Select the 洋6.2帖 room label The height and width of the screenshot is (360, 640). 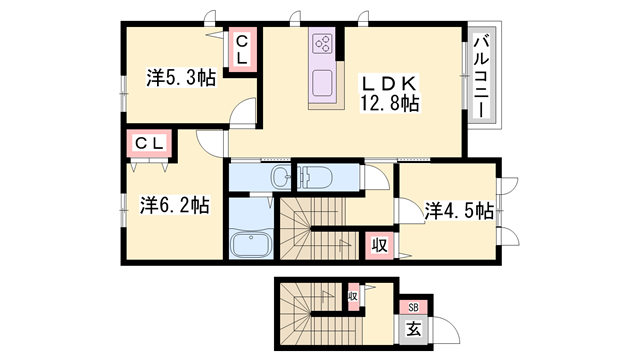click(x=174, y=205)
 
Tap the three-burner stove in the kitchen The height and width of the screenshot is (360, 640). click(x=323, y=44)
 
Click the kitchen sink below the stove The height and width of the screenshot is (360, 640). click(x=322, y=81)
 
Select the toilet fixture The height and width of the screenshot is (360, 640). click(x=317, y=176)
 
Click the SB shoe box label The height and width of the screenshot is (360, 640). click(x=412, y=307)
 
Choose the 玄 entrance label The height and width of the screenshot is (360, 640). click(x=413, y=327)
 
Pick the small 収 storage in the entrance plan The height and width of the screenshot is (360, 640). click(x=353, y=296)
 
